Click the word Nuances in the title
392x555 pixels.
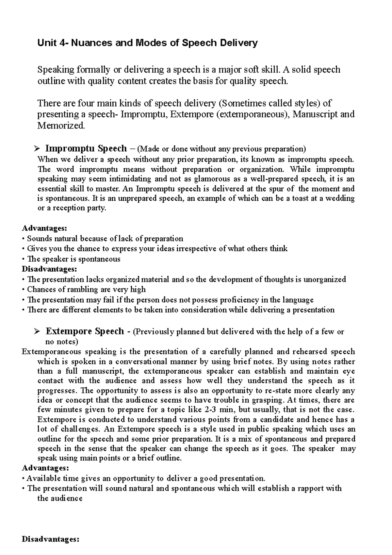pos(91,43)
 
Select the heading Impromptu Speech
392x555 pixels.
pos(86,149)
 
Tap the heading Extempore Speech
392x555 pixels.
pos(85,331)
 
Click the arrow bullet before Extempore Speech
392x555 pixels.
pos(36,332)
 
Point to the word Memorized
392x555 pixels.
pos(61,126)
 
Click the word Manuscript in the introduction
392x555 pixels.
pos(315,115)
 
